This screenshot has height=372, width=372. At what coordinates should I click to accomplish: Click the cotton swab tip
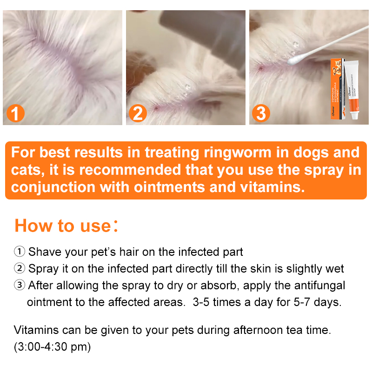[x=293, y=60]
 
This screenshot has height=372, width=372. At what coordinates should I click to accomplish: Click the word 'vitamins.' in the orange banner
[x=266, y=188]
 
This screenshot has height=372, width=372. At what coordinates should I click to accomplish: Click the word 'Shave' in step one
[x=45, y=252]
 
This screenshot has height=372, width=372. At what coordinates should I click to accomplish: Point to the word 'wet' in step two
[x=334, y=269]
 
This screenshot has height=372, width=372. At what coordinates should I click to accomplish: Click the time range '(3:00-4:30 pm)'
[x=52, y=347]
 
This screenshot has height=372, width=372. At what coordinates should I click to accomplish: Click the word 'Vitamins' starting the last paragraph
[x=36, y=331]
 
